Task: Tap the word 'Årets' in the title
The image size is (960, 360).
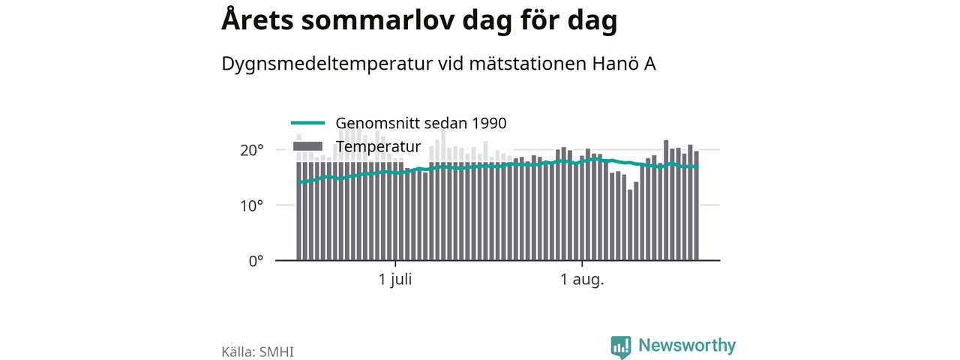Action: point(257,19)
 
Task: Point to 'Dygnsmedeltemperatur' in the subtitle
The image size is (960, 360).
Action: point(327,64)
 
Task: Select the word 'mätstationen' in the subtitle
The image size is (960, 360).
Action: point(528,64)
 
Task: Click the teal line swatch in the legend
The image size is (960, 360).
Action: point(307,123)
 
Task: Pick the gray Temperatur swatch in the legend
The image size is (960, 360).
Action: point(307,146)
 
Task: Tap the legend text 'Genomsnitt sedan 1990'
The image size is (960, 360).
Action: point(421,123)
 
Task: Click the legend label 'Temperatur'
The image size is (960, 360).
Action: point(379,146)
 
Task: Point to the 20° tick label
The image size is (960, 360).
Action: point(251,151)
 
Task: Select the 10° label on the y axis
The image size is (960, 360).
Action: point(251,206)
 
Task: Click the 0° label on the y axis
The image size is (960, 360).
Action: point(256,261)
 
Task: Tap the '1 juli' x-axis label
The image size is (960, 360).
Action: point(395,280)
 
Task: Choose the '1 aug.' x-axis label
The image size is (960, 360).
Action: point(582,280)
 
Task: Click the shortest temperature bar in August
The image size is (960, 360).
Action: point(630,225)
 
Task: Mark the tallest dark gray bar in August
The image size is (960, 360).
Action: point(666,200)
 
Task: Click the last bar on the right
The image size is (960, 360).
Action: point(697,205)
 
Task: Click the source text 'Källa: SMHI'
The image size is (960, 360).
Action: point(257,352)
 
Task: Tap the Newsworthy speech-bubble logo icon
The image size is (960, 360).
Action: point(620,346)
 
